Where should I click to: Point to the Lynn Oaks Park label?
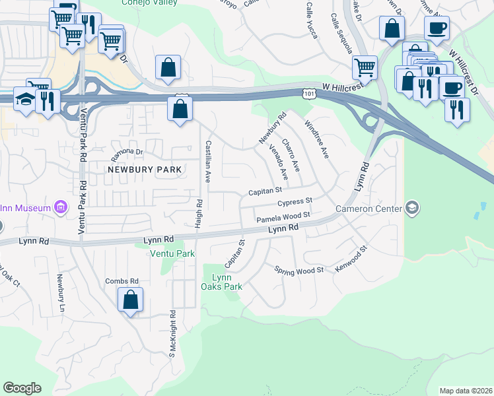click(222, 282)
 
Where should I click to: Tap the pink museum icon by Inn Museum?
click(60, 209)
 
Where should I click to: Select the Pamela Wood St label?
click(283, 216)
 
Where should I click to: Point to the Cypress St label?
click(294, 202)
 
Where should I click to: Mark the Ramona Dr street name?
click(127, 151)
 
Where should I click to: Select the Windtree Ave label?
click(316, 139)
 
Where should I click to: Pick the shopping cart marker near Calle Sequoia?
click(365, 67)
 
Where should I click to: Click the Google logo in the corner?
click(22, 388)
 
